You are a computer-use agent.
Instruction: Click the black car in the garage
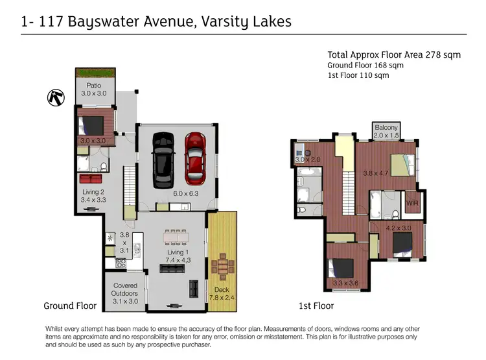[x=161, y=158]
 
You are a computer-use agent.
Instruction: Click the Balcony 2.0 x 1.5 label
[x=386, y=131]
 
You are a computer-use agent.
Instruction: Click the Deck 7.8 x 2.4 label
[x=222, y=294]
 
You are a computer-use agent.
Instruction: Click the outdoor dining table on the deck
[x=222, y=267]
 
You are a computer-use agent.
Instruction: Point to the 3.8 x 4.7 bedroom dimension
[x=375, y=173]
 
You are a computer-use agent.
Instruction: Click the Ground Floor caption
[x=70, y=306]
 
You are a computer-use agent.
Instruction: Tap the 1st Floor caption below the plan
[x=316, y=306]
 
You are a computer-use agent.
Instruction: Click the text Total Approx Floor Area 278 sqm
[x=394, y=55]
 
